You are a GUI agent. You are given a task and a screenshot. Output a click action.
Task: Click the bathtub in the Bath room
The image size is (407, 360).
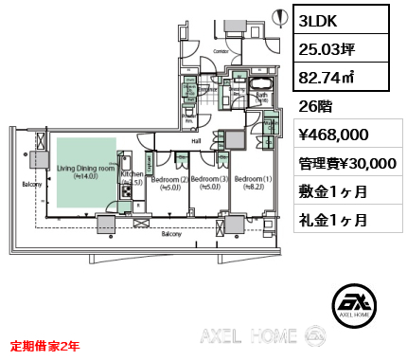259,81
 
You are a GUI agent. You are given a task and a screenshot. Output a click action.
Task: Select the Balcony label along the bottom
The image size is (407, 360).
171,233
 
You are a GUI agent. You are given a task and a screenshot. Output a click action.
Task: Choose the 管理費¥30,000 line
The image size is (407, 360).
347,163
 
